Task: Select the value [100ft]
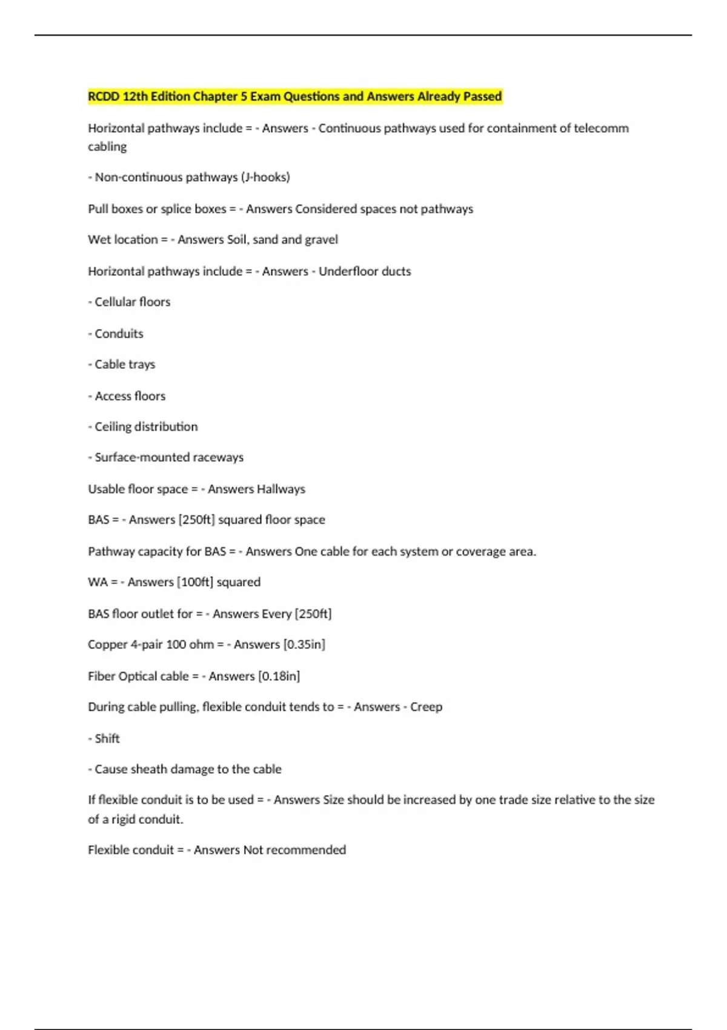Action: [194, 582]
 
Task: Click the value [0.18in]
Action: [279, 676]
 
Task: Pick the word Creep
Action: [426, 707]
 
